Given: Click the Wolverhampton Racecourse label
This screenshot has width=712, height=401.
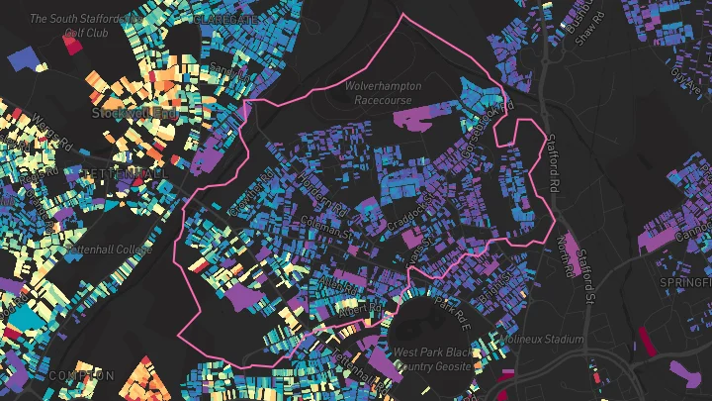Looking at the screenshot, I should [x=390, y=92].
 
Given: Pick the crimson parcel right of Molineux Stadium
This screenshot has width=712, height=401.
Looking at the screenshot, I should [x=647, y=342].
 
